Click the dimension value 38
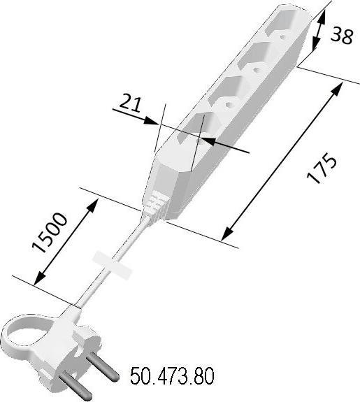tap(342, 35)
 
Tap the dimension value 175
tap(322, 168)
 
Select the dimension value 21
tap(130, 103)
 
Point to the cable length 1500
tap(50, 233)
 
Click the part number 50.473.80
tap(172, 376)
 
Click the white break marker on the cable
tap(112, 266)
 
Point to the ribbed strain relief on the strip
tap(155, 204)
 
